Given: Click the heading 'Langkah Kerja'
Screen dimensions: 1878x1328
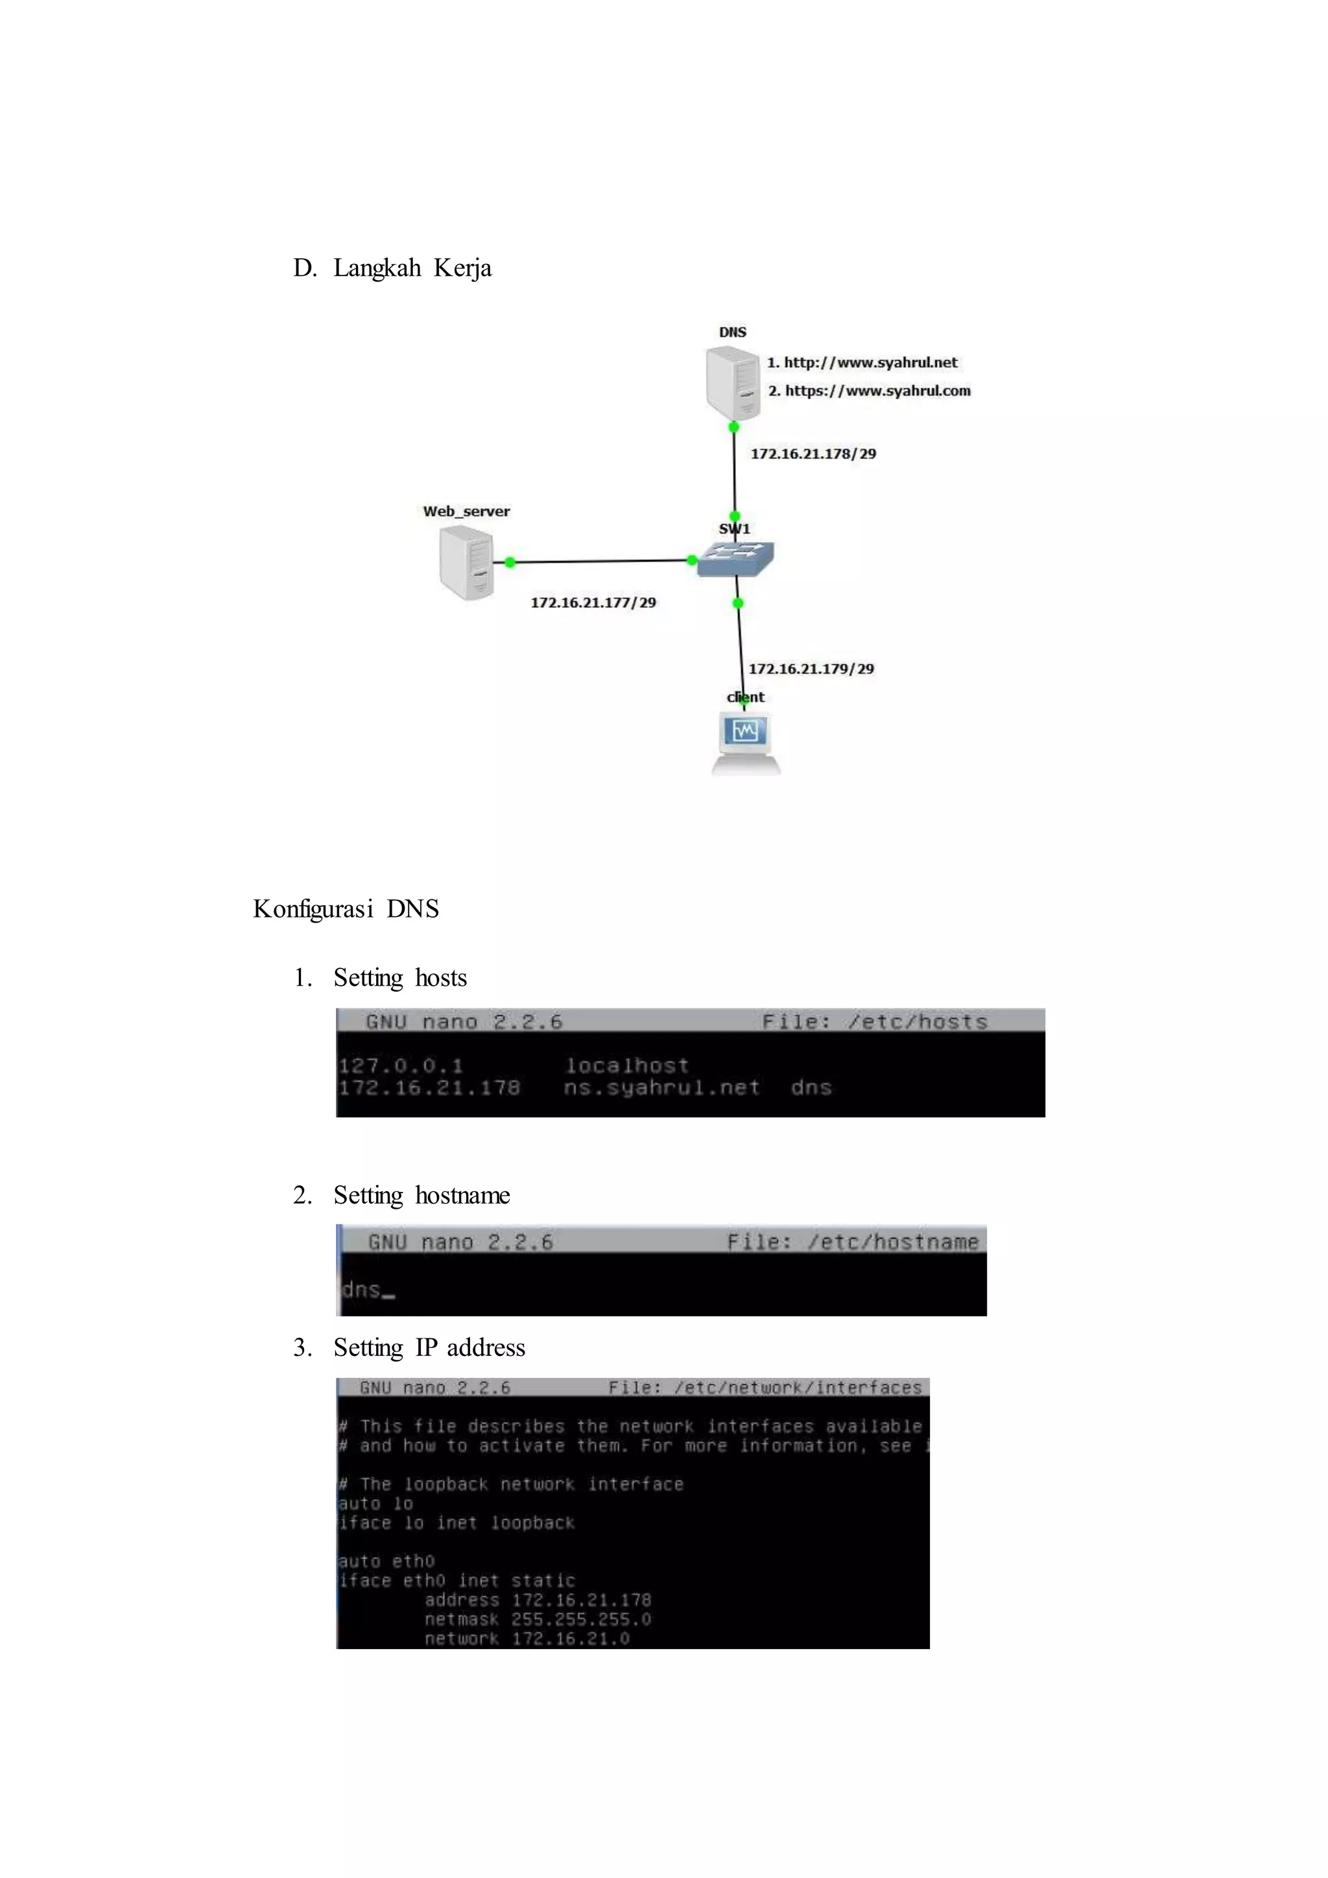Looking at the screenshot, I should [x=412, y=268].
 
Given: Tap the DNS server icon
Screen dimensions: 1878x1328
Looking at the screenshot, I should [x=733, y=383].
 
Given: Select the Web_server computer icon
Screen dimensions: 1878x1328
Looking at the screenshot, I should [x=466, y=563].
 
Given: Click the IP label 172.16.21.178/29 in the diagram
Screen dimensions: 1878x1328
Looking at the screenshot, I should [x=813, y=454].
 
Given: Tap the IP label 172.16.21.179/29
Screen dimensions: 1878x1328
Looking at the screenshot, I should [x=811, y=669].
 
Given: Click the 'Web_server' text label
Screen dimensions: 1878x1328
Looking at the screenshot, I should [x=466, y=511].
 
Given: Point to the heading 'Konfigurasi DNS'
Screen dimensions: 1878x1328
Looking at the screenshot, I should [x=346, y=909].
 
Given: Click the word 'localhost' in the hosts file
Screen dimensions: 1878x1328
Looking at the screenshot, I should [x=626, y=1066].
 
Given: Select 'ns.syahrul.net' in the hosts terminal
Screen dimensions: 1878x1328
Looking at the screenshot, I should [x=661, y=1088].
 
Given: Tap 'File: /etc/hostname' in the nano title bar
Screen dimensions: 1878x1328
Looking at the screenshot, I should [x=852, y=1242].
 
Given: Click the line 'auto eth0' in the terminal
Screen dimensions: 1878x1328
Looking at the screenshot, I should [x=386, y=1562].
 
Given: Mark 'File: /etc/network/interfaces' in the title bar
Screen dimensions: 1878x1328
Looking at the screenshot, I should [x=765, y=1388].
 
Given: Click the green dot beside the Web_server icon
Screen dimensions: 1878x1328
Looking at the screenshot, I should [x=510, y=562].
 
